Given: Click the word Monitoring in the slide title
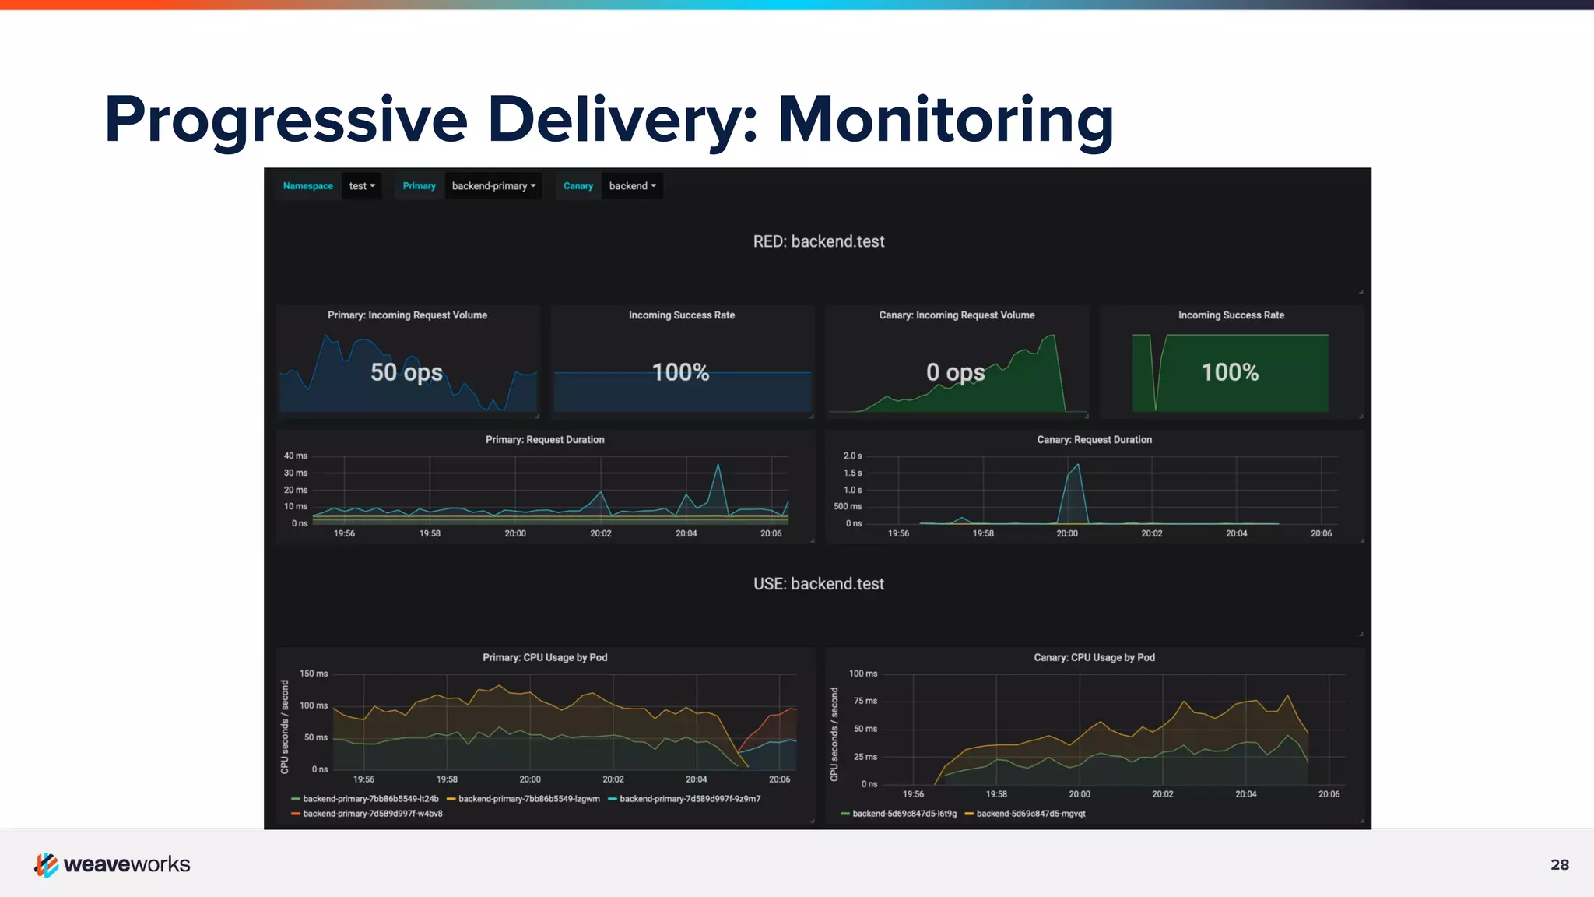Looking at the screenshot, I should pyautogui.click(x=945, y=120).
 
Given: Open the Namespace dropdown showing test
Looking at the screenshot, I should pyautogui.click(x=362, y=186).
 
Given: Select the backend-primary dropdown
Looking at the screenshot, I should pyautogui.click(x=493, y=186).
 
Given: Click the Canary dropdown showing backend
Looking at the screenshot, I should pyautogui.click(x=632, y=186).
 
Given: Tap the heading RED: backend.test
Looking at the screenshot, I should pyautogui.click(x=818, y=241).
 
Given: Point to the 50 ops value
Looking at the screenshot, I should pyautogui.click(x=406, y=372).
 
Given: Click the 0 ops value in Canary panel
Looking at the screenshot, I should pyautogui.click(x=955, y=372).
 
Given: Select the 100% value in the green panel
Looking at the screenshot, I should pyautogui.click(x=1230, y=372).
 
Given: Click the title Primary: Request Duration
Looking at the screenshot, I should pyautogui.click(x=545, y=440).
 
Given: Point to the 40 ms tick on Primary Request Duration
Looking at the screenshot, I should pyautogui.click(x=296, y=456).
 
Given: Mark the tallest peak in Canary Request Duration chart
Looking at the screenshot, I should pyautogui.click(x=1077, y=465).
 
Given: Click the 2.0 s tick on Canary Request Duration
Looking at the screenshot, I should pyautogui.click(x=852, y=456).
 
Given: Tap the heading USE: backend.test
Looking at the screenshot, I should pyautogui.click(x=818, y=584).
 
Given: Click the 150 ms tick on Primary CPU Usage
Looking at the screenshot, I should pyautogui.click(x=314, y=674).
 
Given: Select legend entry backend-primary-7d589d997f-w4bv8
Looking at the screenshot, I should pyautogui.click(x=372, y=814).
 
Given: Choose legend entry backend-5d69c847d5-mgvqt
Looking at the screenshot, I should pyautogui.click(x=1030, y=814).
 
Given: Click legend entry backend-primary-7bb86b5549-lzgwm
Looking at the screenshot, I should pyautogui.click(x=528, y=799).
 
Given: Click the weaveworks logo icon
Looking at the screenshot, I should pyautogui.click(x=47, y=864).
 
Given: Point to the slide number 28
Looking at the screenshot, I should pyautogui.click(x=1559, y=864).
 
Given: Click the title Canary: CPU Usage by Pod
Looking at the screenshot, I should pyautogui.click(x=1094, y=658).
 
